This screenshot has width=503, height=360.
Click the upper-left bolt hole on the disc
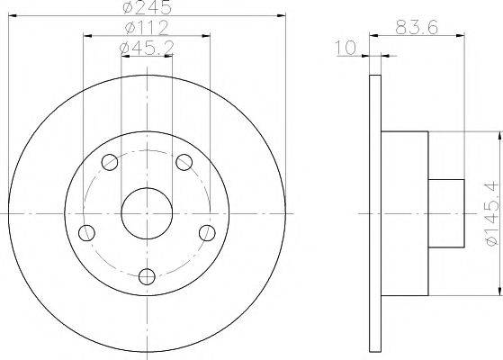[110, 162]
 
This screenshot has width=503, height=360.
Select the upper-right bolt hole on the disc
[184, 162]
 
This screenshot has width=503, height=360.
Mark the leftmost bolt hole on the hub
[87, 233]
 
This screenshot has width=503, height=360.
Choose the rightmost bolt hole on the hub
[207, 233]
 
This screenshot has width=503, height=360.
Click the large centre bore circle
[147, 213]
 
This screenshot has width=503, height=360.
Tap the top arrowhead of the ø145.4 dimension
[497, 136]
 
